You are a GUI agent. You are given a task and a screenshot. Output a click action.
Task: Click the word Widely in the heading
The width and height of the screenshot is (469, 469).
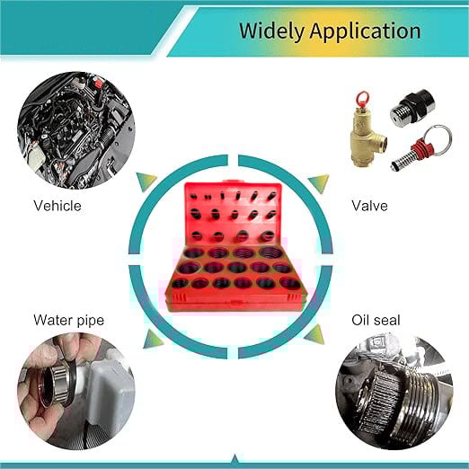click(272, 31)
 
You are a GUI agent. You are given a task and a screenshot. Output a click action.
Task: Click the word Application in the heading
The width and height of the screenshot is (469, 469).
click(366, 31)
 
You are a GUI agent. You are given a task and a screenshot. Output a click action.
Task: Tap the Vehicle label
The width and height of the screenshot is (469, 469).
click(58, 206)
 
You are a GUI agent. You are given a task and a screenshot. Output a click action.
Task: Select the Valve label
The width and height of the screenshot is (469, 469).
click(369, 206)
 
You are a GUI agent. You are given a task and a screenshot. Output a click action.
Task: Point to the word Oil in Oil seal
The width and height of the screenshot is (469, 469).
click(360, 320)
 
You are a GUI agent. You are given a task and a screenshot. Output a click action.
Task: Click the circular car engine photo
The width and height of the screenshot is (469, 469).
click(76, 130)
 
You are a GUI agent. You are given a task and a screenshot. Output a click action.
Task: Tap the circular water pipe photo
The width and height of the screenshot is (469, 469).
click(76, 392)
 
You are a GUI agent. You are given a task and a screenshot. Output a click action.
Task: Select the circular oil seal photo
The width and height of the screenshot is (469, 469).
click(394, 392)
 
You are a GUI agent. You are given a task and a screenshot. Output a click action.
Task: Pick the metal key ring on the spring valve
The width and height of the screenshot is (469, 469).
click(438, 140)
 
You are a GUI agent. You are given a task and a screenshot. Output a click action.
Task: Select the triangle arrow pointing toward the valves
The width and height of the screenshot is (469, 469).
click(320, 182)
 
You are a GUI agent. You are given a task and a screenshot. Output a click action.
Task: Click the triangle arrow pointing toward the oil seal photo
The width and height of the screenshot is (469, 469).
click(315, 335)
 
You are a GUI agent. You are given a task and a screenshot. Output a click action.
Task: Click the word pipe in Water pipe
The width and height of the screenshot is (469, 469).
click(91, 321)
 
